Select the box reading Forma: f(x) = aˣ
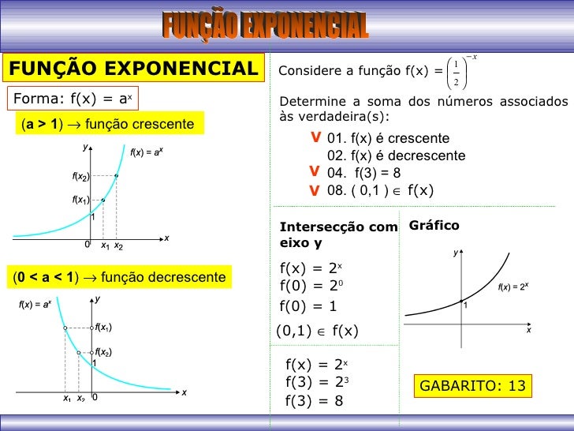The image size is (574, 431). click(72, 99)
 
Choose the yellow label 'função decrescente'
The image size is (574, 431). click(119, 277)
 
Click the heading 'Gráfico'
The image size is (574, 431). click(434, 226)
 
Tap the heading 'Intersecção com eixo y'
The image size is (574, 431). click(338, 234)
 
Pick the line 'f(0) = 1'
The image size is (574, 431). click(308, 306)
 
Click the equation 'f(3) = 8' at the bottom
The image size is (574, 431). click(314, 400)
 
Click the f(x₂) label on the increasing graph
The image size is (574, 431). click(80, 176)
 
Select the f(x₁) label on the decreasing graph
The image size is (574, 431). click(103, 327)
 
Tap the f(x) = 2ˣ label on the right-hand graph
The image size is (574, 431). click(512, 287)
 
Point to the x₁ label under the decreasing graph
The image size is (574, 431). click(67, 399)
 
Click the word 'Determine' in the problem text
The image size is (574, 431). click(311, 103)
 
